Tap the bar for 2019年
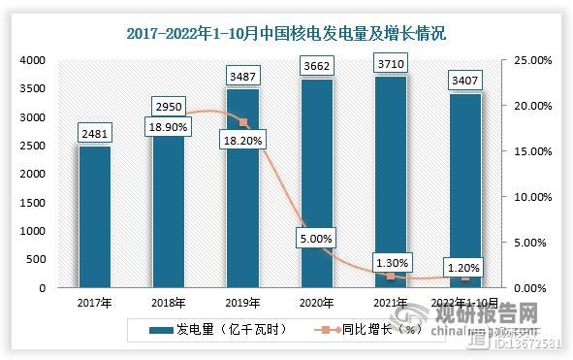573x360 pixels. (243, 188)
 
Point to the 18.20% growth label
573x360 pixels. (243, 151)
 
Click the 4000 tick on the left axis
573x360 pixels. (33, 60)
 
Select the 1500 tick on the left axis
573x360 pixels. (33, 203)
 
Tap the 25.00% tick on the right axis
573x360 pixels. (529, 60)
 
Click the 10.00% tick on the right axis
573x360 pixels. (529, 197)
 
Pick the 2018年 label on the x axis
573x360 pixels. (169, 303)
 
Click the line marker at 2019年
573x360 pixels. (243, 122)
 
